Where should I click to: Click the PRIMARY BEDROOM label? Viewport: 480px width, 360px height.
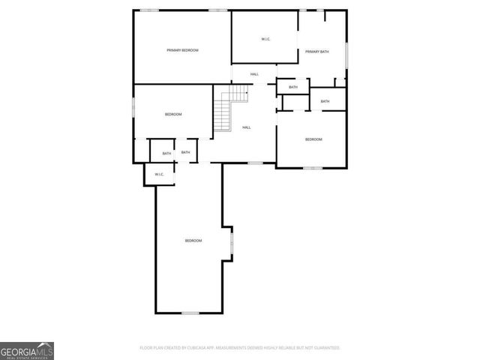point(182,49)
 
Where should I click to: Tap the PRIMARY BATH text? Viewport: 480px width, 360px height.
point(316,51)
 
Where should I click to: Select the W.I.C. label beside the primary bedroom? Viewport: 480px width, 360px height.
point(265,39)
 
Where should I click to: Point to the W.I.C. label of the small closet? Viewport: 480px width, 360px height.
point(159,174)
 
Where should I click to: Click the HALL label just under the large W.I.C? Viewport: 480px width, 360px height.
point(254,73)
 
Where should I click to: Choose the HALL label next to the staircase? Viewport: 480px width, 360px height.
point(247,127)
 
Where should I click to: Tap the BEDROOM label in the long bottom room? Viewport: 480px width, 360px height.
point(193,240)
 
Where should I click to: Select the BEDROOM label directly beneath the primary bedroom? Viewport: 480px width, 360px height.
point(173,114)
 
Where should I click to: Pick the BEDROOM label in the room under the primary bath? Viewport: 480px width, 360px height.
point(313,139)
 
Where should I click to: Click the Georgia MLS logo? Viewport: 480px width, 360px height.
point(27,350)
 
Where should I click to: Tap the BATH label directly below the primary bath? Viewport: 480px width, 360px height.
point(325,101)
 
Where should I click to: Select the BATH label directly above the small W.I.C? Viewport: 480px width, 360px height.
point(166,153)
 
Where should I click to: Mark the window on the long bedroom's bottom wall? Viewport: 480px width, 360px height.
point(190,313)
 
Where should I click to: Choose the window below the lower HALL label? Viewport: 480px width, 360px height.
point(255,162)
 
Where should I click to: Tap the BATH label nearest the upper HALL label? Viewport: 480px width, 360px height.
point(292,87)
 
